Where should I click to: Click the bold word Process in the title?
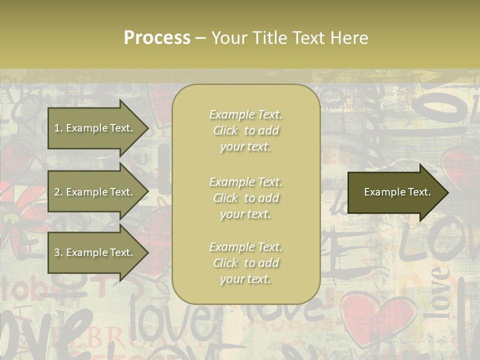(157, 38)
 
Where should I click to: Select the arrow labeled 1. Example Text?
(95, 128)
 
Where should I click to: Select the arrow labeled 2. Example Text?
(95, 192)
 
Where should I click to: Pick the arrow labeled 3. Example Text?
(95, 253)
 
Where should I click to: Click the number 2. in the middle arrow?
(58, 192)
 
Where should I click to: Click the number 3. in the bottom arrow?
(58, 253)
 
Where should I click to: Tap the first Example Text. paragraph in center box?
(245, 130)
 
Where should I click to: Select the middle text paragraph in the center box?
(245, 198)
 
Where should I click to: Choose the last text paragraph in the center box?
(245, 263)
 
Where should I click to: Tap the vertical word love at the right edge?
(440, 292)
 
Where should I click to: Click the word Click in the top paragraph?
(225, 130)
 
